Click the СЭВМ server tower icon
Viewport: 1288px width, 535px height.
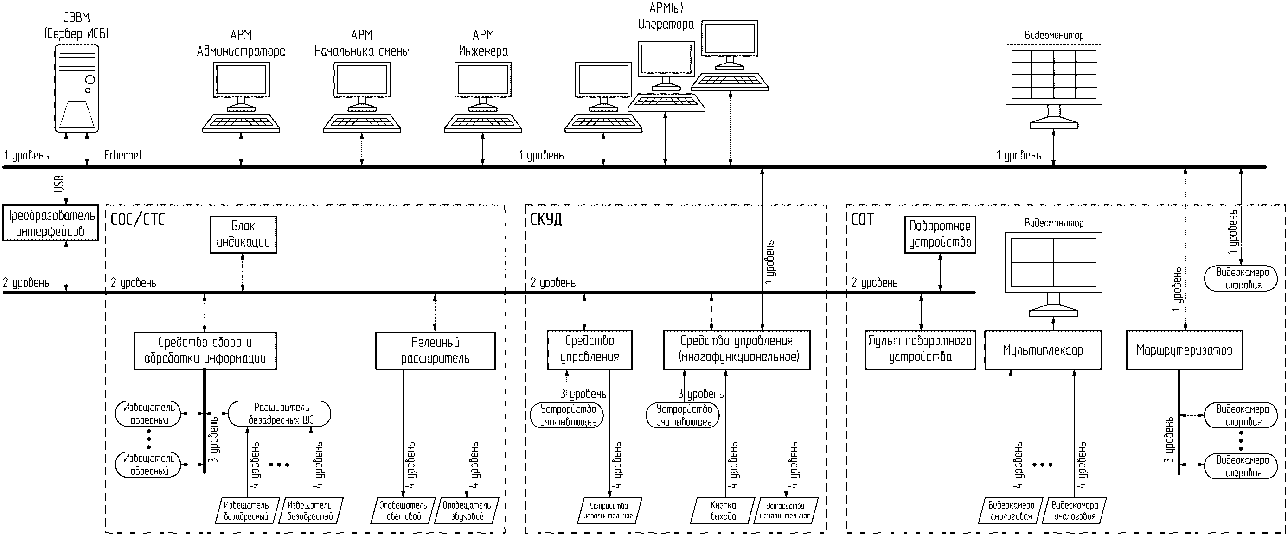[x=77, y=88]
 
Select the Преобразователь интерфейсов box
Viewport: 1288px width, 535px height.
[x=50, y=223]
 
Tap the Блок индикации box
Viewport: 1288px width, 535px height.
[x=243, y=234]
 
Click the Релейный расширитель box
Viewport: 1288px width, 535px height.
[x=436, y=350]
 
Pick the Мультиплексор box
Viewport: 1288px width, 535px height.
[x=1043, y=350]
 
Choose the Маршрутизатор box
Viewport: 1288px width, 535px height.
[x=1184, y=350]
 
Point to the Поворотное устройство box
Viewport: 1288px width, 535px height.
[x=940, y=234]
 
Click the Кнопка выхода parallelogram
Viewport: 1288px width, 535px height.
[x=723, y=510]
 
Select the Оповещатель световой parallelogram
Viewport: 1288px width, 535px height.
[x=403, y=510]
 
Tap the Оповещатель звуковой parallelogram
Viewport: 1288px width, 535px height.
[x=467, y=510]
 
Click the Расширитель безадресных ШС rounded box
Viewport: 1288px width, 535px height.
[x=280, y=414]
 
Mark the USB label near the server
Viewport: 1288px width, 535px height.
[x=59, y=184]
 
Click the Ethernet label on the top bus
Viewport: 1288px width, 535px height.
[x=122, y=155]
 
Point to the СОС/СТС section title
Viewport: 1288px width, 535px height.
[x=137, y=219]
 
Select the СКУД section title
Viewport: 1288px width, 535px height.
[x=545, y=219]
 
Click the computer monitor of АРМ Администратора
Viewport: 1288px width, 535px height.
[x=241, y=81]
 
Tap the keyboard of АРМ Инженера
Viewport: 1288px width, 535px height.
[x=482, y=123]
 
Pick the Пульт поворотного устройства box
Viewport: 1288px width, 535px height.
[x=920, y=349]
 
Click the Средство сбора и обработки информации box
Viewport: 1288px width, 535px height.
[x=205, y=350]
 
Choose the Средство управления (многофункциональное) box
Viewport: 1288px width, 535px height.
[x=737, y=349]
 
